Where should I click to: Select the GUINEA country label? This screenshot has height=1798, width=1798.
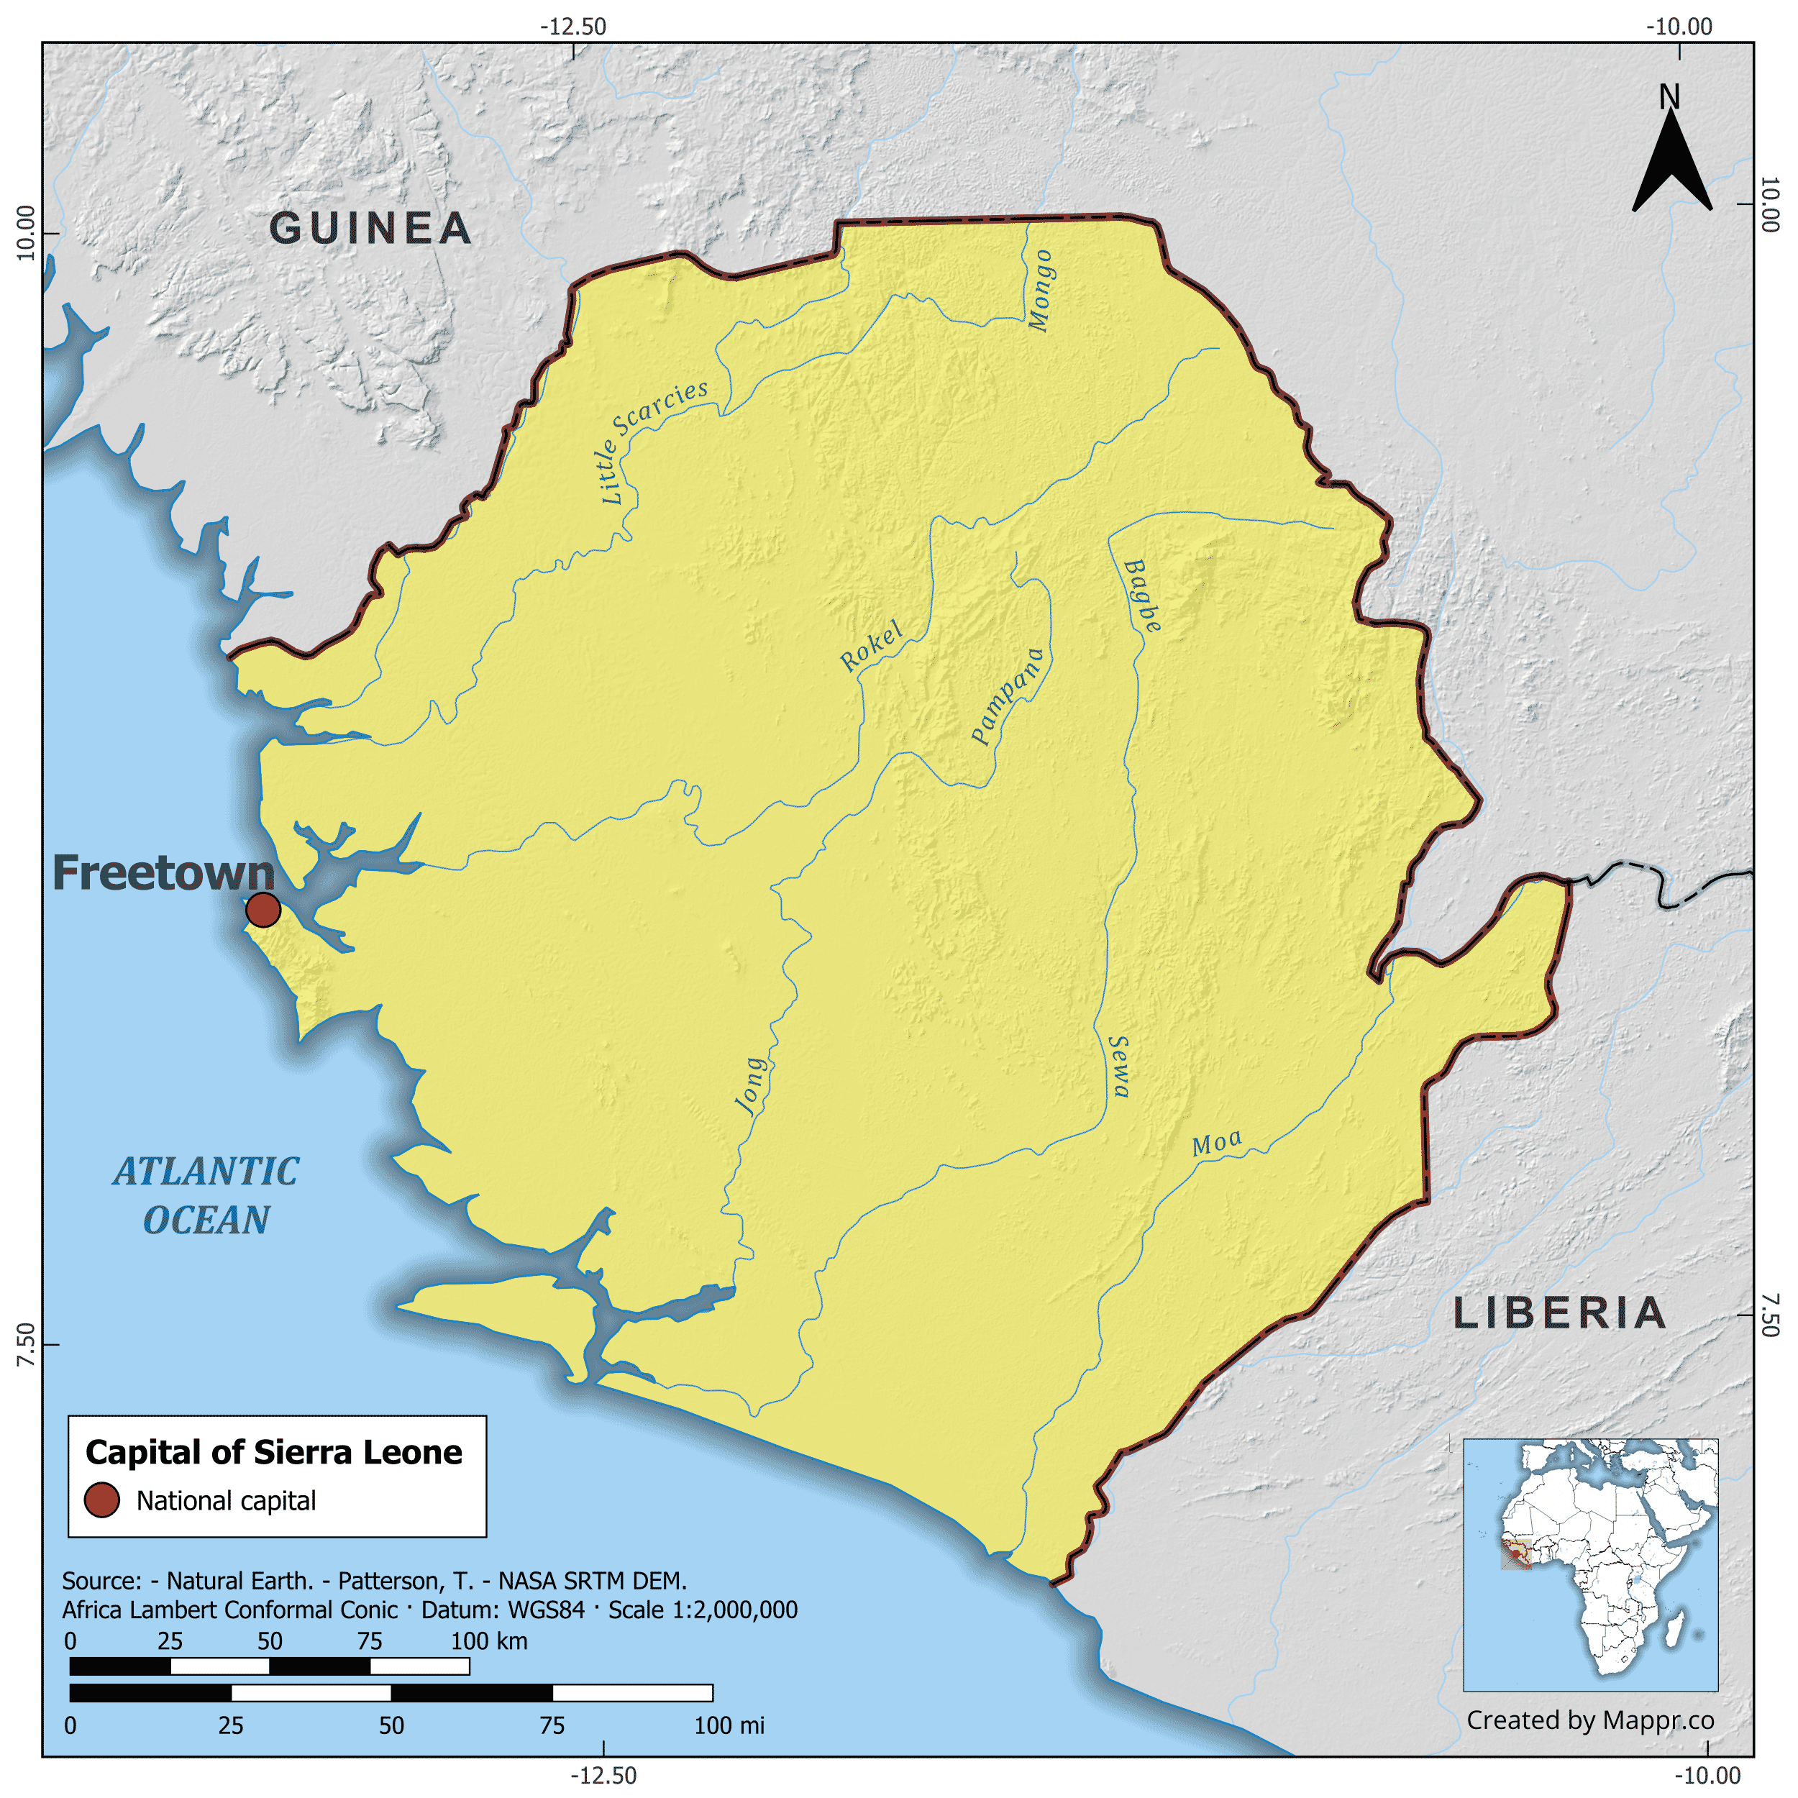click(x=370, y=229)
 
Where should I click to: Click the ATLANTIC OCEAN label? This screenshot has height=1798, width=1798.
click(x=206, y=1196)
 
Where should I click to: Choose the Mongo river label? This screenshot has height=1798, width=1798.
click(x=1041, y=291)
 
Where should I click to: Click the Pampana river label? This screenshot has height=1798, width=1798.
click(x=1008, y=695)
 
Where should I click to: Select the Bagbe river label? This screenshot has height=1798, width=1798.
click(x=1143, y=595)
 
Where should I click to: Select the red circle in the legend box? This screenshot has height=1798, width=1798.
click(x=101, y=1500)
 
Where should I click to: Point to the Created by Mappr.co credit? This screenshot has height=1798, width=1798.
click(x=1589, y=1720)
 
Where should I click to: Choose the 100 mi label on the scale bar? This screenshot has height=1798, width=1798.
click(x=729, y=1725)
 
